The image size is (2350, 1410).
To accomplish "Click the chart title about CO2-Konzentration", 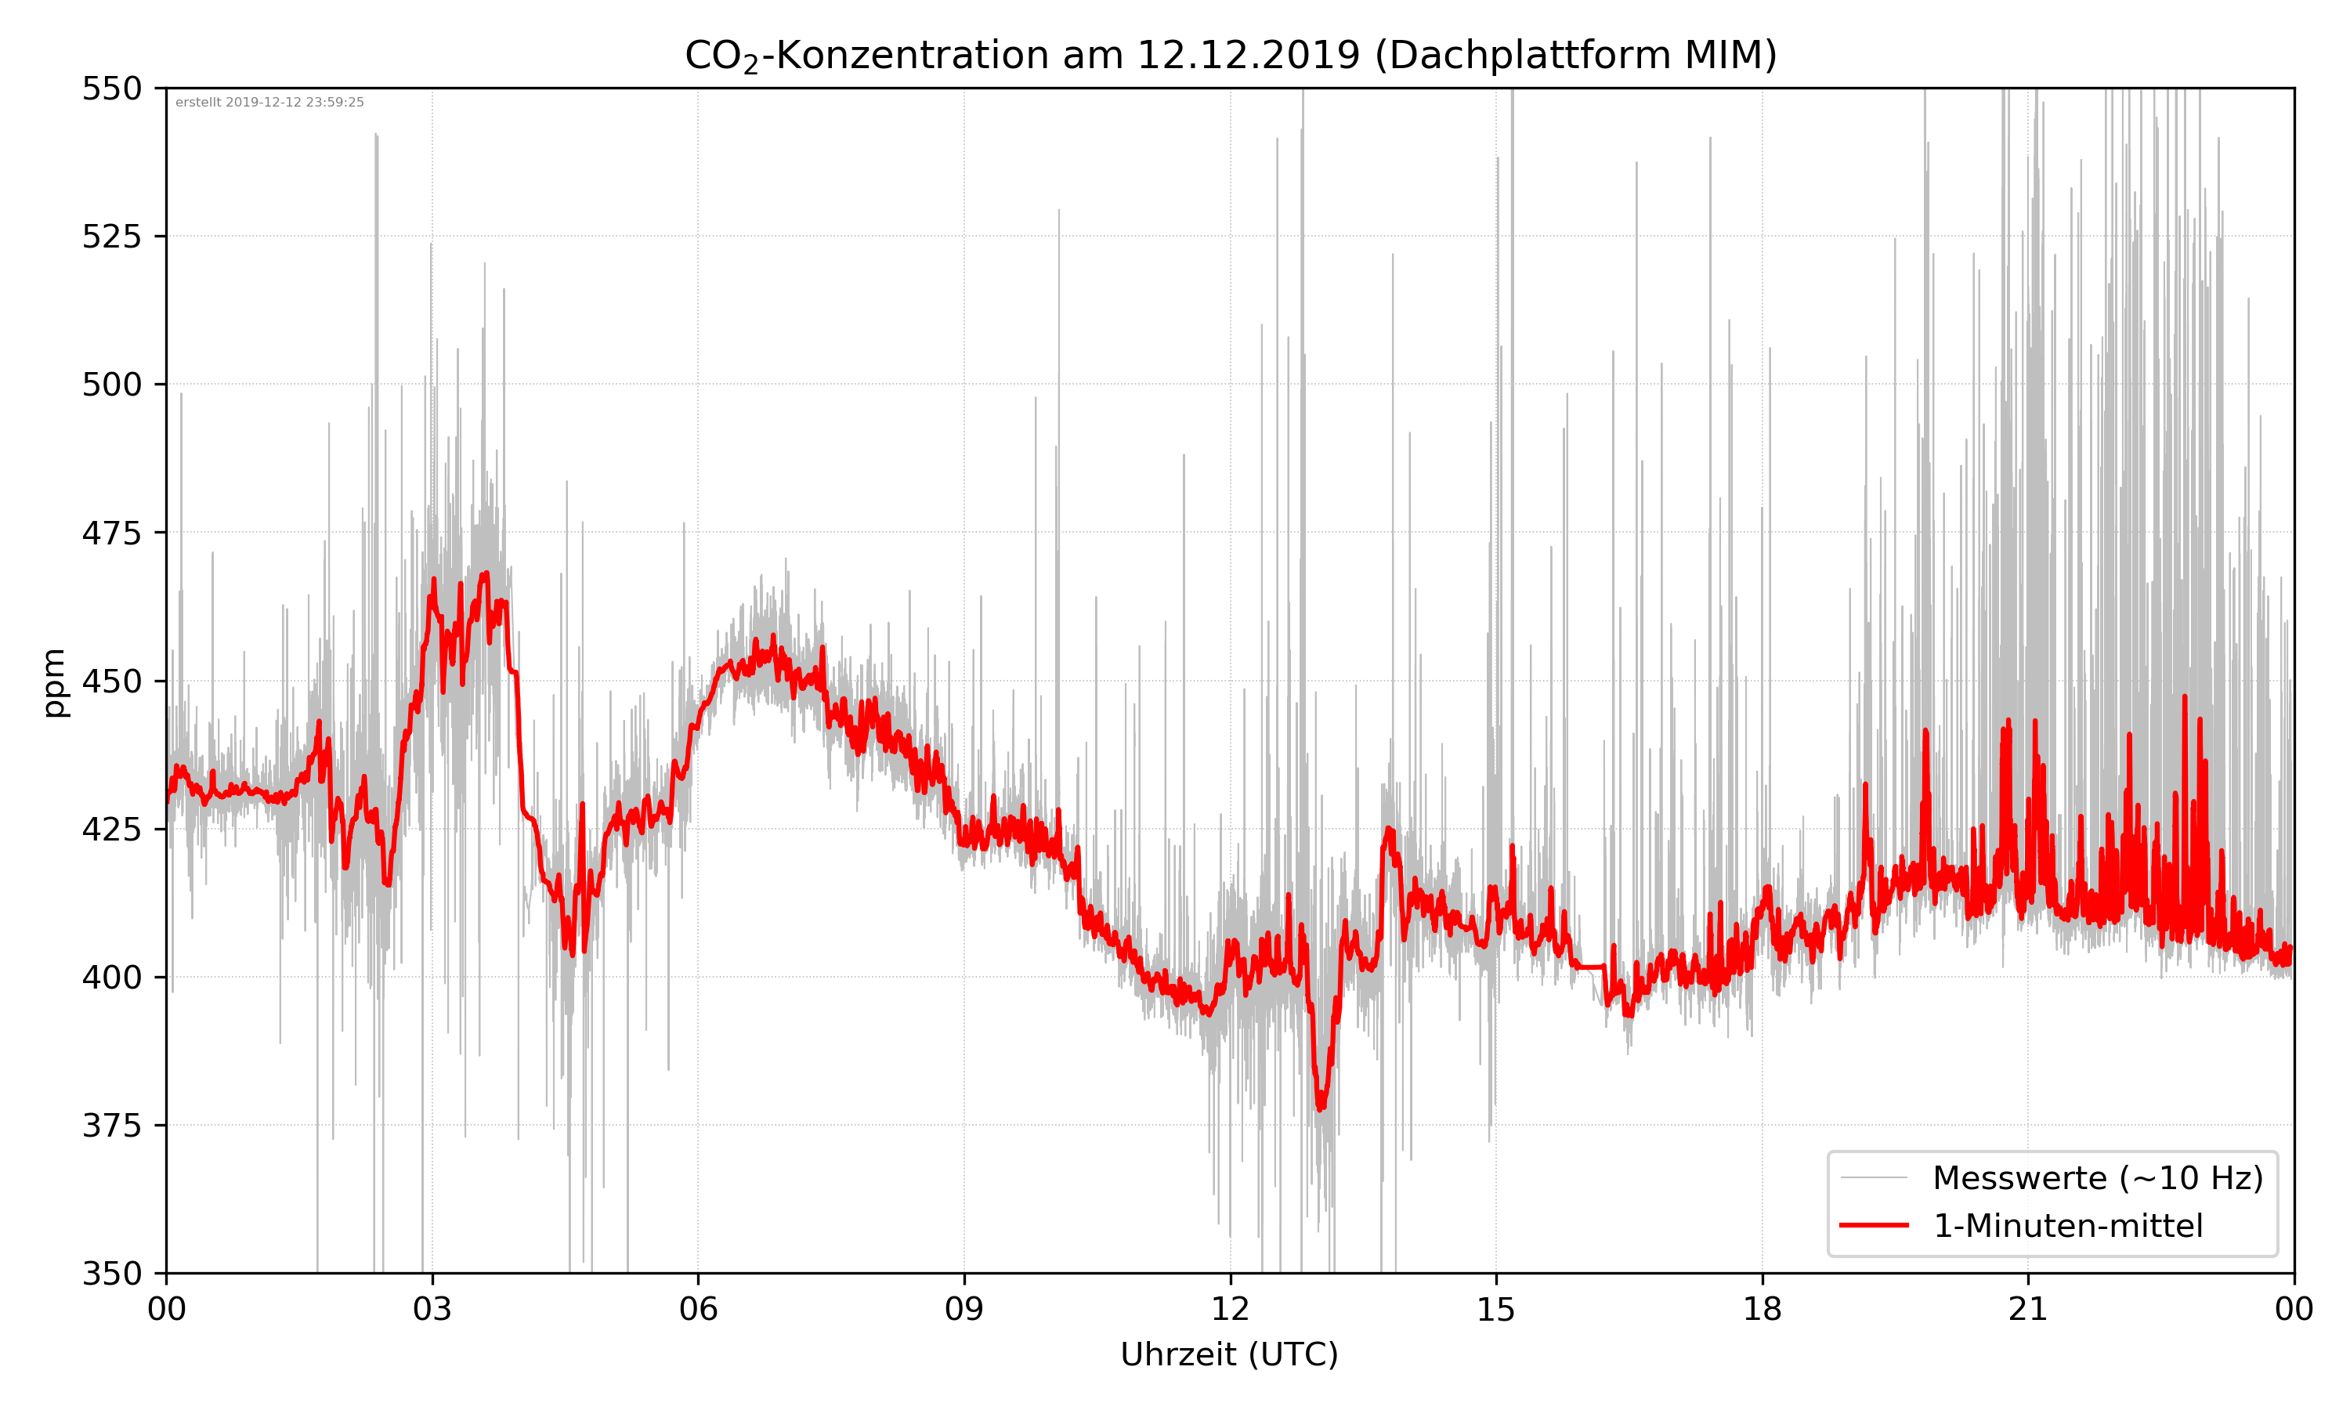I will pyautogui.click(x=1230, y=55).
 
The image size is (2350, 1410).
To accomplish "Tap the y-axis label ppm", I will pyautogui.click(x=54, y=681).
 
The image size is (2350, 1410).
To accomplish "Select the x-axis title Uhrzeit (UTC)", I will pyautogui.click(x=1229, y=1354).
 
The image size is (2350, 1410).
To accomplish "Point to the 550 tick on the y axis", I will pyautogui.click(x=111, y=89).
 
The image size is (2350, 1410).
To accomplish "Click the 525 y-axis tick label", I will pyautogui.click(x=111, y=237).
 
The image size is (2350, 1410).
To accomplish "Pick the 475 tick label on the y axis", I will pyautogui.click(x=111, y=533).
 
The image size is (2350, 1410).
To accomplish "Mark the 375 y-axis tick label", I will pyautogui.click(x=111, y=1125).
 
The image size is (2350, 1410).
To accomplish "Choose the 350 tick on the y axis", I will pyautogui.click(x=111, y=1273).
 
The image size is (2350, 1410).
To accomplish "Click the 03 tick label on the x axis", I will pyautogui.click(x=432, y=1309).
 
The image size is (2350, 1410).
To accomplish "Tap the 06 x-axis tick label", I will pyautogui.click(x=698, y=1309).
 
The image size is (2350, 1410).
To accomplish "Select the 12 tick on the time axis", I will pyautogui.click(x=1230, y=1309).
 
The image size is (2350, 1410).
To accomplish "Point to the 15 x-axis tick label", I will pyautogui.click(x=1496, y=1309).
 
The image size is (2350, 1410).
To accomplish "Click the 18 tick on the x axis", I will pyautogui.click(x=1762, y=1309).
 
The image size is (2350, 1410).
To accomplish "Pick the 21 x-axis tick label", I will pyautogui.click(x=2028, y=1309).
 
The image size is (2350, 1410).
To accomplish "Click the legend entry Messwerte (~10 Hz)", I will pyautogui.click(x=2097, y=1178).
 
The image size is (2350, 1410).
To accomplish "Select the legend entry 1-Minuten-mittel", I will pyautogui.click(x=2068, y=1226).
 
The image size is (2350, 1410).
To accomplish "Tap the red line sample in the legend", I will pyautogui.click(x=1874, y=1226).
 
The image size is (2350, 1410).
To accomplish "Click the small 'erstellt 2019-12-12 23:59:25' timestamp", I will pyautogui.click(x=269, y=103).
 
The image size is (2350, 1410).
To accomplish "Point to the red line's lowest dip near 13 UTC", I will pyautogui.click(x=1321, y=1107).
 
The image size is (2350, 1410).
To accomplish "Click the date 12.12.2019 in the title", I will pyautogui.click(x=1248, y=55).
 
